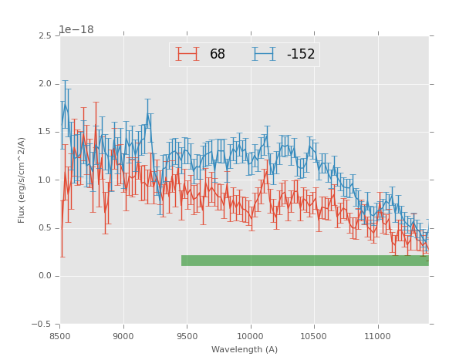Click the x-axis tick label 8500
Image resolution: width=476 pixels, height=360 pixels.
pos(60,336)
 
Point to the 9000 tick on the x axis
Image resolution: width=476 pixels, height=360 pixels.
pos(123,336)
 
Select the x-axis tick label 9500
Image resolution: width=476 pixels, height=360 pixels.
pos(187,336)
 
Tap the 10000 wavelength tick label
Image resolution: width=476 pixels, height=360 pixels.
pos(251,336)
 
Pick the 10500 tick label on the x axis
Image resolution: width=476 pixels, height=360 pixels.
pos(314,336)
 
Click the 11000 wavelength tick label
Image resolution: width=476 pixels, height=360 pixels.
pos(377,336)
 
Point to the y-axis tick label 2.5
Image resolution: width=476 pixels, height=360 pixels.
pos(45,35)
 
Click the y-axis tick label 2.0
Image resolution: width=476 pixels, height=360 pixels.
pos(45,84)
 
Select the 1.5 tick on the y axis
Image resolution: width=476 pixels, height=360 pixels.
pos(45,132)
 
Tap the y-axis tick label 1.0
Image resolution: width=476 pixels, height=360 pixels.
pos(45,180)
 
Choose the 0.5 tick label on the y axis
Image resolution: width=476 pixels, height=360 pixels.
pos(45,228)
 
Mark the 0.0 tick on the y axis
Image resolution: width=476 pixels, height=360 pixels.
pos(45,276)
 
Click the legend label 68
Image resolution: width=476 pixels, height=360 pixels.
pos(218,55)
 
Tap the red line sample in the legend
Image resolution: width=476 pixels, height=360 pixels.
pos(187,54)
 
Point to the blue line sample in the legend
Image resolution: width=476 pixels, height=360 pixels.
pos(264,54)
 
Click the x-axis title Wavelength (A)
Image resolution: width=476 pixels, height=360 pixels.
pos(245,350)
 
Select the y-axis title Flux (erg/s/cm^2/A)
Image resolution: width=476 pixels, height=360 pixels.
pos(22,180)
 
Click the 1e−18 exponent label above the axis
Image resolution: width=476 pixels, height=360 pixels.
pos(76,30)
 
